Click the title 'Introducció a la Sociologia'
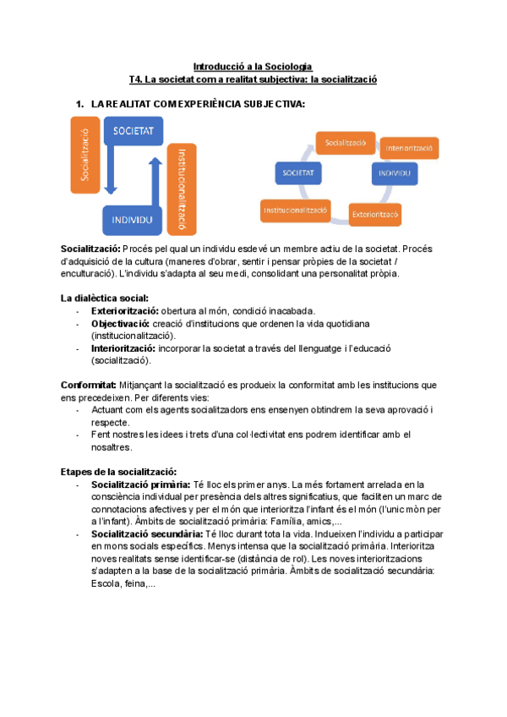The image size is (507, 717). (253, 66)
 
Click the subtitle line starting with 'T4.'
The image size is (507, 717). (253, 79)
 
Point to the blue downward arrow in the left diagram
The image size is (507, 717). (113, 174)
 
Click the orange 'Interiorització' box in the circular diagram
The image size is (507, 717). (409, 148)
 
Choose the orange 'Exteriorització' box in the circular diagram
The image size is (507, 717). (374, 213)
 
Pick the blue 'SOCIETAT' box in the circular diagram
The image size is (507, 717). (298, 172)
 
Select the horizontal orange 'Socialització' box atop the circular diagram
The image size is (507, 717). (345, 143)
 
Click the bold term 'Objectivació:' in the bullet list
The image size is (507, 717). (120, 324)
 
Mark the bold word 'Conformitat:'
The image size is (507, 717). (89, 385)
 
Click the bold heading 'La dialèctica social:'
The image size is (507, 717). (105, 298)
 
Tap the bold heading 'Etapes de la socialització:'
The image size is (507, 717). (118, 472)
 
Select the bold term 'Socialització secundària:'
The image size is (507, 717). (142, 534)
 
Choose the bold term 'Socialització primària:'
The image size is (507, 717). (137, 484)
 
